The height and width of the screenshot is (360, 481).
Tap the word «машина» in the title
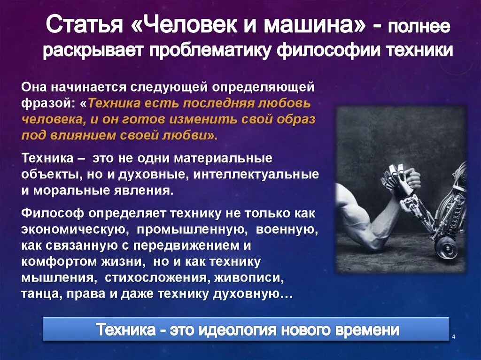[x=314, y=26]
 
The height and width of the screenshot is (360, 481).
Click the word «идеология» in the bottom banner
[x=239, y=330]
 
